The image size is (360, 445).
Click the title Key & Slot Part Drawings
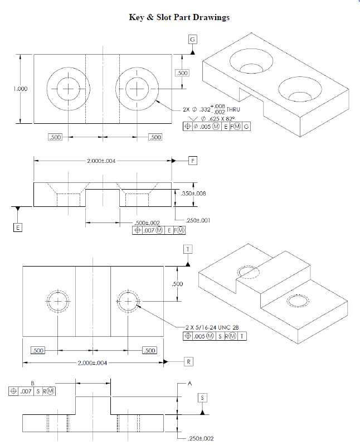click(179, 17)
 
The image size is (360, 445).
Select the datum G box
click(193, 40)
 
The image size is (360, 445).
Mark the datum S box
click(203, 398)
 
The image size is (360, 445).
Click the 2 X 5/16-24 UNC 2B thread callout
click(216, 327)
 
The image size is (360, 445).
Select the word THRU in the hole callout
click(233, 110)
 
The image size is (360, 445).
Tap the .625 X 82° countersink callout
click(218, 119)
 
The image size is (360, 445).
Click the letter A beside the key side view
click(189, 384)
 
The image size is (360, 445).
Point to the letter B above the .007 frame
click(32, 383)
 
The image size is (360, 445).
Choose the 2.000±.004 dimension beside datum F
click(102, 161)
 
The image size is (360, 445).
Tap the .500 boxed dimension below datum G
click(182, 73)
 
